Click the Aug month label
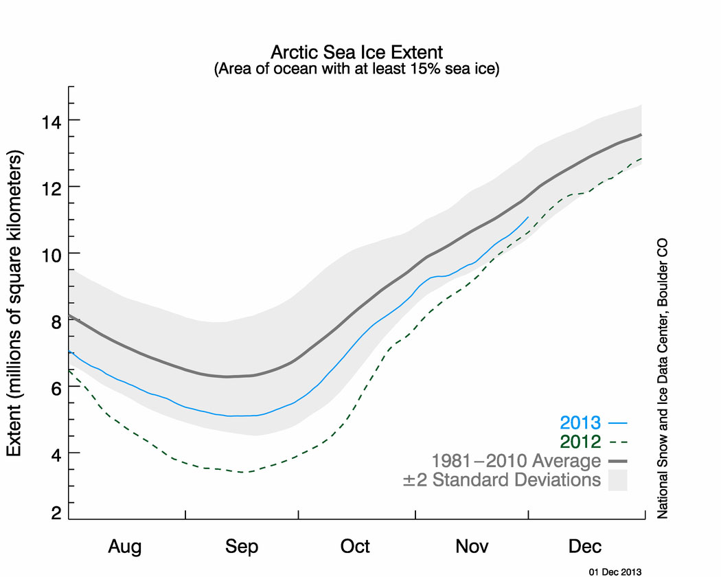[x=126, y=547]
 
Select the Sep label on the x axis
[x=241, y=547]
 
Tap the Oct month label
[x=355, y=547]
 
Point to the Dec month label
[x=585, y=547]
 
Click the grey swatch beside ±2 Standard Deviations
[x=617, y=479]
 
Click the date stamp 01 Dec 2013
[x=615, y=571]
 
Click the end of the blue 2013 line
[x=528, y=217]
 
